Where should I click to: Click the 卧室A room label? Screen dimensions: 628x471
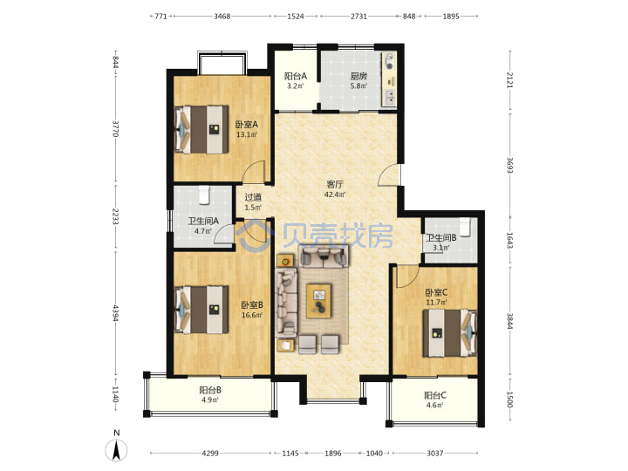pos(246,125)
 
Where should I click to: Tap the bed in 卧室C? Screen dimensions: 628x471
pos(450,333)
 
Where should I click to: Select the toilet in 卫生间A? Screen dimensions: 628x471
pos(204,195)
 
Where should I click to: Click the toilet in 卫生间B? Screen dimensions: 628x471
pos(464,226)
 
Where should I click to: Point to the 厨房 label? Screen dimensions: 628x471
pos(358,76)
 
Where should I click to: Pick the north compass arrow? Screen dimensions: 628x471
pos(116,450)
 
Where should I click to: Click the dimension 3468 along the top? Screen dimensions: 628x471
pos(222,17)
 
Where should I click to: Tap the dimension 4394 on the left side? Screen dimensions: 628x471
pos(115,313)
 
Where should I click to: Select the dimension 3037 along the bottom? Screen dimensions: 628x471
pos(435,454)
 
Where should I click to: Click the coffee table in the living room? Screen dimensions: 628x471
pos(319,301)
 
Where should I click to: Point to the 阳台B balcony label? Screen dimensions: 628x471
pos(210,390)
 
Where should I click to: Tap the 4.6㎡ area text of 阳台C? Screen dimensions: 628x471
pos(434,406)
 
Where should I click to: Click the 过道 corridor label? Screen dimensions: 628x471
pos(253,197)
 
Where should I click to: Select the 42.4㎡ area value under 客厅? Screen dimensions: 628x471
pos(335,195)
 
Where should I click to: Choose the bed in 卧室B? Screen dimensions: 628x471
pos(201,309)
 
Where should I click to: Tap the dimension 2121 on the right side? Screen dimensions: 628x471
pos(510,79)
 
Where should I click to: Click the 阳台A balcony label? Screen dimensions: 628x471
pos(296,76)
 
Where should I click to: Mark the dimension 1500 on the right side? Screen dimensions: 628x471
pos(510,399)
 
